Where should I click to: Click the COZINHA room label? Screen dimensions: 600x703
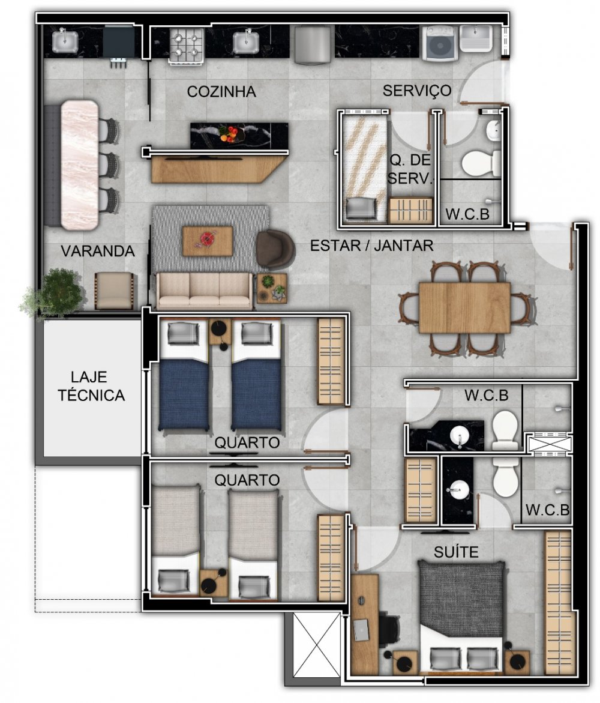(221, 91)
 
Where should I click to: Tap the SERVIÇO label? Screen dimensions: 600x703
(417, 91)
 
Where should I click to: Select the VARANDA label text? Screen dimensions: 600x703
(98, 251)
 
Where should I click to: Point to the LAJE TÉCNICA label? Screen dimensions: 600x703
(91, 386)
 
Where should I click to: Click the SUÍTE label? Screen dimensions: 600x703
(456, 552)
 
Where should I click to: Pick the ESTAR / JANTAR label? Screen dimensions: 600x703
(372, 246)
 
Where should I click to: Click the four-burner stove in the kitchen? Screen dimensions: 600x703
(187, 45)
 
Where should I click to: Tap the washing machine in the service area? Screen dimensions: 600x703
(440, 43)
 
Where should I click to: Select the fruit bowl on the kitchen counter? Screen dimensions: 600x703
(231, 133)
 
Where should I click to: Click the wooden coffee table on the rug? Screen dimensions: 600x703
(208, 241)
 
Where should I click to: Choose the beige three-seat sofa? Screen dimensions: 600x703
(204, 291)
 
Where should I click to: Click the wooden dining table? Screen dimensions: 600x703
(464, 307)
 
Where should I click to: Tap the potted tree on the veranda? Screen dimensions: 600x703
(55, 293)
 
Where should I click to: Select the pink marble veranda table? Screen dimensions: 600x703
(79, 165)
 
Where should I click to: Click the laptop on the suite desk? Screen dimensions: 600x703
(360, 630)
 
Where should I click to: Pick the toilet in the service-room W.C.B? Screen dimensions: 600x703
(481, 164)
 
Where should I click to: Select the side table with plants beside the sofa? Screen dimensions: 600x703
(272, 288)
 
